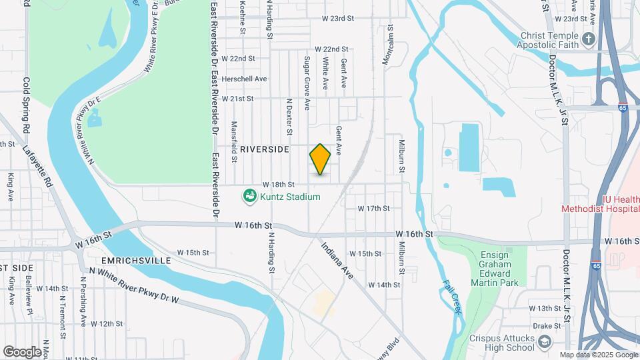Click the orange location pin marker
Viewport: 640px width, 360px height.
coord(320,159)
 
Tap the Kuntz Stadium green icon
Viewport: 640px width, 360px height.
coord(249,197)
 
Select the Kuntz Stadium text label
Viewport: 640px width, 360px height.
coord(290,197)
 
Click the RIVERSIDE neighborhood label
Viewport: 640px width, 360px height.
coord(265,149)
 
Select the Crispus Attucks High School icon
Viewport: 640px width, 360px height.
coord(545,343)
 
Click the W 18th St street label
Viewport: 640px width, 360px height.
coord(278,184)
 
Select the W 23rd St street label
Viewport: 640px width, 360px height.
coord(337,19)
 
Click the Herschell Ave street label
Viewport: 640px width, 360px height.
coord(244,79)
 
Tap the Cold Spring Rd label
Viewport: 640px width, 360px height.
coord(27,104)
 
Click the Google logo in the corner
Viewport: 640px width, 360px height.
coord(23,351)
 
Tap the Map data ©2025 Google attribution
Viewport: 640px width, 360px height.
coord(598,355)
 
